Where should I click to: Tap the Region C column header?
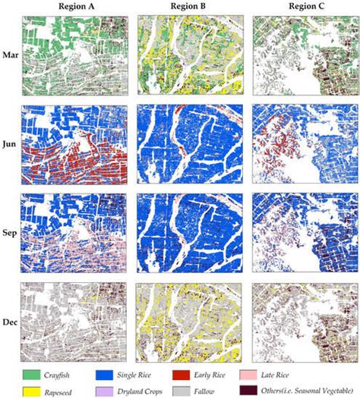click(x=303, y=8)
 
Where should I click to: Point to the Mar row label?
click(x=11, y=55)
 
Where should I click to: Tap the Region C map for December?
click(x=303, y=323)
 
